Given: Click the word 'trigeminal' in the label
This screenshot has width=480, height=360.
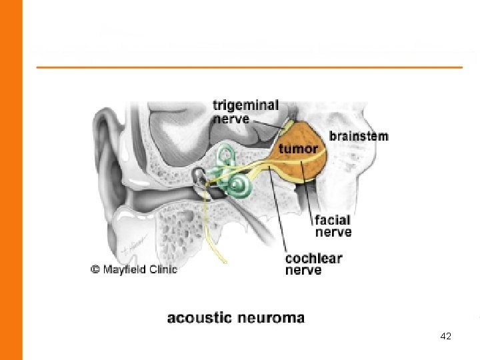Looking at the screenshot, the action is click(245, 106).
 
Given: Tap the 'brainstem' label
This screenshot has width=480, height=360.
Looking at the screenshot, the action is click(358, 136).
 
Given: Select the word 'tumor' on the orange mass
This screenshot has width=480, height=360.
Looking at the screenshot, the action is click(298, 148).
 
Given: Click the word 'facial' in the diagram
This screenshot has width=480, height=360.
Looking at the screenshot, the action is click(333, 220).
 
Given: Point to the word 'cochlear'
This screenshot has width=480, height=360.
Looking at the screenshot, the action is click(313, 258).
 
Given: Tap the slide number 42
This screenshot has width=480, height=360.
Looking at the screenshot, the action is click(446, 337).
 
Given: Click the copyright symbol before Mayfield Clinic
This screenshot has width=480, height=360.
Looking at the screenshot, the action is click(95, 269).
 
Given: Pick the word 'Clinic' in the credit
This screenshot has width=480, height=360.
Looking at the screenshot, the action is click(164, 269).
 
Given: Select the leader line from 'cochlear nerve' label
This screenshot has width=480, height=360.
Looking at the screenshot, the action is click(278, 213).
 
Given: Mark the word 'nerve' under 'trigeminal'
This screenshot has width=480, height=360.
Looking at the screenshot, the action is click(231, 119).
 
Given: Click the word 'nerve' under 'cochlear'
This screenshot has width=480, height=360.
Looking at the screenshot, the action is click(303, 270).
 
